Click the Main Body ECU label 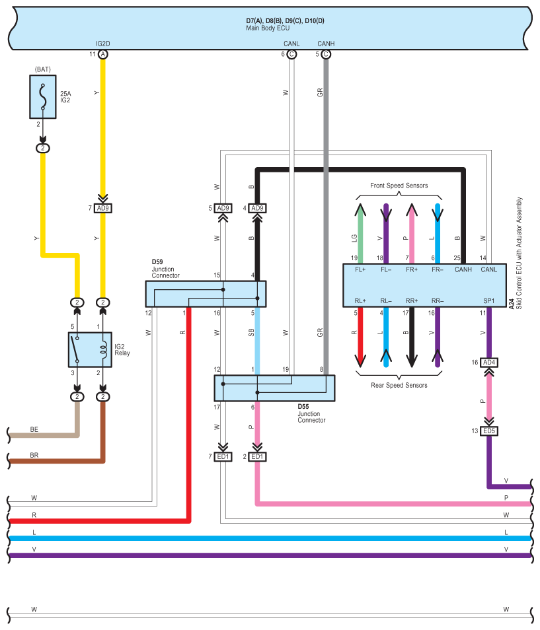point(268,28)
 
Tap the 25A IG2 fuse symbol point(42,97)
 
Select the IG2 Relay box point(90,349)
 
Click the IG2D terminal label point(102,44)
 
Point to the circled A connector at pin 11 point(103,54)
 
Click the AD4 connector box point(489,363)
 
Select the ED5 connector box point(489,431)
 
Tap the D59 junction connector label point(165,269)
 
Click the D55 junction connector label point(311,413)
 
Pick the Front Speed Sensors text point(399,186)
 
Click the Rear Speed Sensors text point(399,385)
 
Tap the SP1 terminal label point(489,301)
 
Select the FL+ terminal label point(360,269)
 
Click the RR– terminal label point(438,301)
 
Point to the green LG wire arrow point(360,233)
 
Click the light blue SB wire point(257,341)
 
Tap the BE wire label point(34,429)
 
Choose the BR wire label point(34,455)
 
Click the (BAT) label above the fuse point(42,69)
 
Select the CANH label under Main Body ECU point(326,44)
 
